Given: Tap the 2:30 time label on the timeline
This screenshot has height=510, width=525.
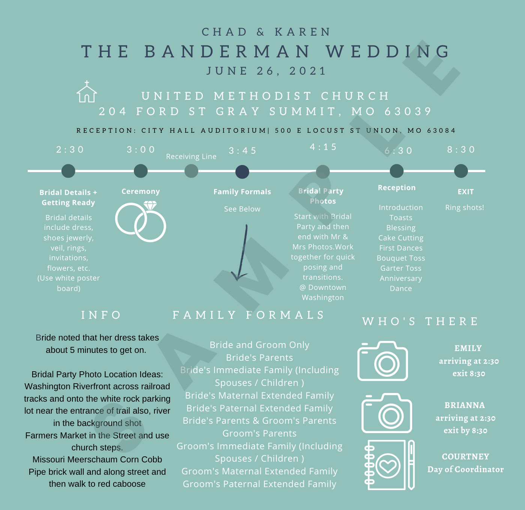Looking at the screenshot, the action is (70, 149).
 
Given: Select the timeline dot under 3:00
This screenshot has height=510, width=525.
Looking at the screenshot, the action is (141, 171).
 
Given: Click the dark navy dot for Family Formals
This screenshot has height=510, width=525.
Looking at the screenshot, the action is (242, 172).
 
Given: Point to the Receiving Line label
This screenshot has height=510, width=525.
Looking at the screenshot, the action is (191, 156).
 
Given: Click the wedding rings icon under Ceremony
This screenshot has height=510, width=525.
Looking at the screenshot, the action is (141, 221).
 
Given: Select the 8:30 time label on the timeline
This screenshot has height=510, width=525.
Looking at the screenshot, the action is (461, 149).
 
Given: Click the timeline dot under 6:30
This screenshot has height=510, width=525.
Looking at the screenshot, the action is (397, 171).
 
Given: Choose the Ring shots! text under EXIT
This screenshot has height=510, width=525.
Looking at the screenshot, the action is (465, 207).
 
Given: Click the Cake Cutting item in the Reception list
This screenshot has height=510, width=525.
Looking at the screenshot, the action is (400, 238).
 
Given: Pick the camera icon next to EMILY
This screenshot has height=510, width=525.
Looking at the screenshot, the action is (382, 361).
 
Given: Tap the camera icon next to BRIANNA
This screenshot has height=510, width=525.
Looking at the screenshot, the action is (387, 413).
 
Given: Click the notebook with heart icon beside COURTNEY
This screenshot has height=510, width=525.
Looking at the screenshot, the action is (389, 465).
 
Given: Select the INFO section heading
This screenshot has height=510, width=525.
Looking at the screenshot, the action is (102, 315).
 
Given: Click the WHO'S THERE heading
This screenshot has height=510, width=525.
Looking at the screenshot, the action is (420, 321).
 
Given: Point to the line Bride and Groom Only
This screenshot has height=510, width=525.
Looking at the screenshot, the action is (259, 345).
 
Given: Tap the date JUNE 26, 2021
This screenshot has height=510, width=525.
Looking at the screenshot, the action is (267, 71).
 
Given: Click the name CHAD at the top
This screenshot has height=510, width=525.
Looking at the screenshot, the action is (225, 32).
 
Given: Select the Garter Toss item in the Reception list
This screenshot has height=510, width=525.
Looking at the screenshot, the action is (400, 268).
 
